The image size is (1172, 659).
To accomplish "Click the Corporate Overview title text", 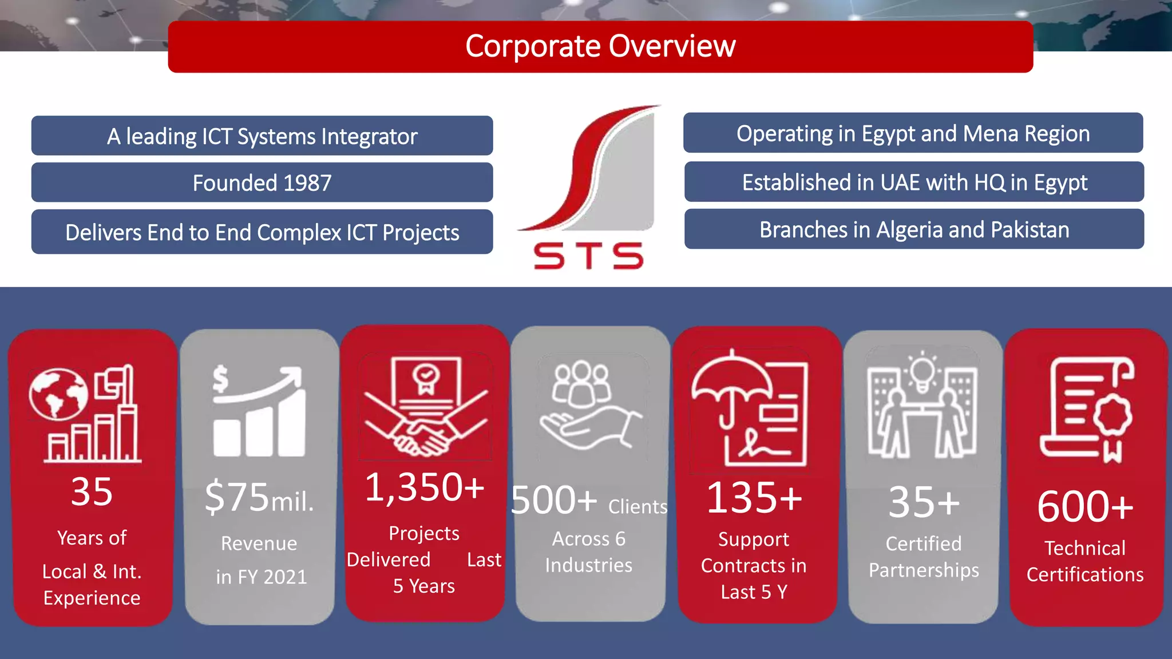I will coord(600,46).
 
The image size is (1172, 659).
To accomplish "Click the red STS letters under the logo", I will coord(588,256).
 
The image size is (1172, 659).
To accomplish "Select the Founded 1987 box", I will coord(262,182).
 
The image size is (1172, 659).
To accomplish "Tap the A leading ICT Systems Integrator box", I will coord(262,136).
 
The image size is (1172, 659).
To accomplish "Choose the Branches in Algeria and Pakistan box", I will coord(914,229).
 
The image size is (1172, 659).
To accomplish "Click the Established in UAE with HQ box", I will coord(914,182).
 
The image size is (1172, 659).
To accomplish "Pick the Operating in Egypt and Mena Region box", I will coord(913,133).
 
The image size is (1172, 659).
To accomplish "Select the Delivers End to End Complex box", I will coord(262,232).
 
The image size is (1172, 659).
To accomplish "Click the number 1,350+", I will coord(424,487).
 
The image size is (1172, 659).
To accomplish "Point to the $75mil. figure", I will coord(259,497).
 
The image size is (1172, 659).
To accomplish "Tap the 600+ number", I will coord(1085,507).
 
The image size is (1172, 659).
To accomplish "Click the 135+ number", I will coord(754,498).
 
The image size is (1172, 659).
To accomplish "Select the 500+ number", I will coord(553,500).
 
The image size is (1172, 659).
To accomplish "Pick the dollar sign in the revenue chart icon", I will coord(220,379).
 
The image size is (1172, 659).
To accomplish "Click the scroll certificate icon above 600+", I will coord(1086,408).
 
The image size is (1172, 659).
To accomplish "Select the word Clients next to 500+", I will coord(638,507).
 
